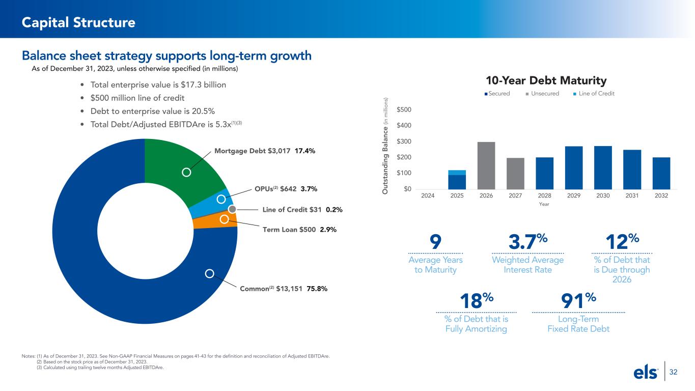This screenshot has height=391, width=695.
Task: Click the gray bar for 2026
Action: (x=486, y=165)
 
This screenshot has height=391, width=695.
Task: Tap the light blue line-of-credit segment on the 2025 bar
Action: (x=457, y=173)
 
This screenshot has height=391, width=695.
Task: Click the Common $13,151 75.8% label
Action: (x=283, y=289)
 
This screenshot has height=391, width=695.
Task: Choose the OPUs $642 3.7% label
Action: (x=286, y=189)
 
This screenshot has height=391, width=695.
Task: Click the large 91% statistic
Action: (x=577, y=300)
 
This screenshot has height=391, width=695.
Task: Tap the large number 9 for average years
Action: (x=436, y=241)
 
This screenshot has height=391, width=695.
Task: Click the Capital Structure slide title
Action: (x=78, y=22)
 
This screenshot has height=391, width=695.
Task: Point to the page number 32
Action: (x=673, y=373)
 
